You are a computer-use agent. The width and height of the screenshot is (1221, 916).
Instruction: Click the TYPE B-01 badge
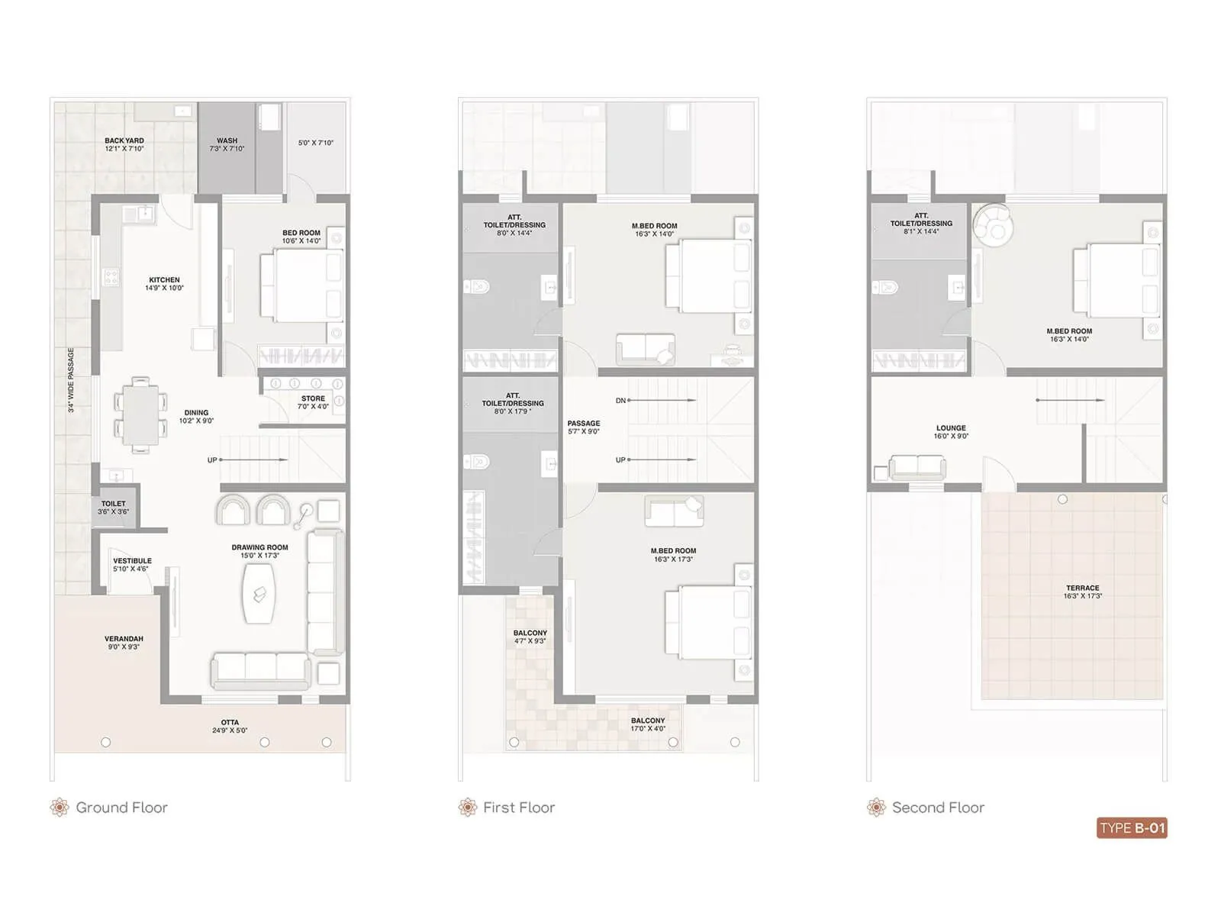pos(1132,828)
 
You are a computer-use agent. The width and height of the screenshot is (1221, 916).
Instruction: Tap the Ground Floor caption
pos(121,808)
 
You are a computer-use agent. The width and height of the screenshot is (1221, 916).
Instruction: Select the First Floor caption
pos(518,808)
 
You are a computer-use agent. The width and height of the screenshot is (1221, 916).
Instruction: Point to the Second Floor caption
pos(938,808)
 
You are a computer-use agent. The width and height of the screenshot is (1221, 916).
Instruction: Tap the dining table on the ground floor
pos(140,414)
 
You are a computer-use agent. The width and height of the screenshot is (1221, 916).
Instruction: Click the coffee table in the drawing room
pos(259,593)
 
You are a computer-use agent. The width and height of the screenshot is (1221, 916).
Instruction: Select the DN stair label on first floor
pos(620,401)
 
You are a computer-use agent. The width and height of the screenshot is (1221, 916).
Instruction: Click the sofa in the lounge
pos(917,466)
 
